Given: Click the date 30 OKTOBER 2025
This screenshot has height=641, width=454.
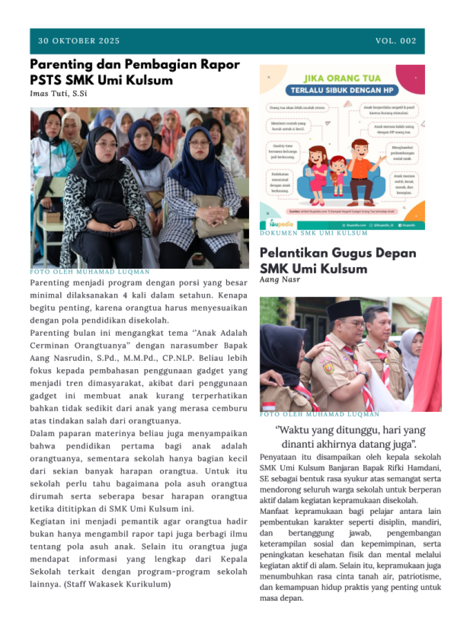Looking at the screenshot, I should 79,41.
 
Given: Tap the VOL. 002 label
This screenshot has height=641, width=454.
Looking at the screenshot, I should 396,41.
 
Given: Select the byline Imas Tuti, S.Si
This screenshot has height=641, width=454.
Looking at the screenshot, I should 58,94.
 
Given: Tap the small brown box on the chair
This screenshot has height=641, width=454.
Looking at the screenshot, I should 52,217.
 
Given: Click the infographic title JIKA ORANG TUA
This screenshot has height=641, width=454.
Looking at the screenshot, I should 342,79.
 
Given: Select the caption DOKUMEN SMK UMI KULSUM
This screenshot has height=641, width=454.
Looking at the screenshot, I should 313,233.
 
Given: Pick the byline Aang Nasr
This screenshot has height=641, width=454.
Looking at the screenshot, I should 279,280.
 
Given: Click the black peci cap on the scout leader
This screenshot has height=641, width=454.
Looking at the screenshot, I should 344,310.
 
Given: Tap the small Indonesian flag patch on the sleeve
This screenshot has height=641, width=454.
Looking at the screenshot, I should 269,406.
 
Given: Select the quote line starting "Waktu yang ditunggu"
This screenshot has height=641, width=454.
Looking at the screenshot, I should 350,430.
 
